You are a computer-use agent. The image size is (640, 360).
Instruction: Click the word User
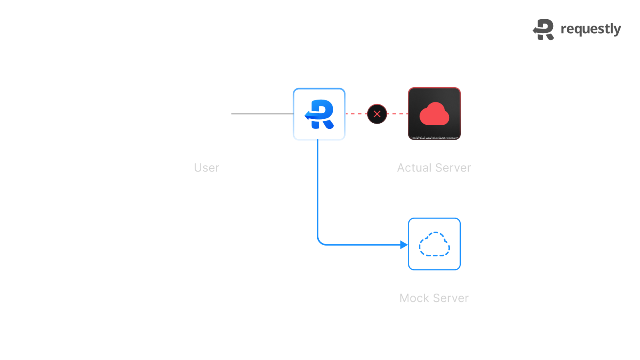(x=206, y=168)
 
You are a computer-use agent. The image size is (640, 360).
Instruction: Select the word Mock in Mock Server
(x=414, y=298)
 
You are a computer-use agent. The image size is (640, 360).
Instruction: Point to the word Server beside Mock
(x=451, y=298)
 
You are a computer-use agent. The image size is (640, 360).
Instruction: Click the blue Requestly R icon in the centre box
(x=319, y=114)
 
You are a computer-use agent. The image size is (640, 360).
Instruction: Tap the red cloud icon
(x=434, y=114)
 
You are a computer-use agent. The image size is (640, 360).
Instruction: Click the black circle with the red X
(x=377, y=114)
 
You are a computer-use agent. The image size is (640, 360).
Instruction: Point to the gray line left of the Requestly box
(x=262, y=114)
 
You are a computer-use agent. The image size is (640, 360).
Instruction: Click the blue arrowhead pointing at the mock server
(x=404, y=245)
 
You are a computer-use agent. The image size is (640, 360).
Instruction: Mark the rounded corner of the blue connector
(x=320, y=242)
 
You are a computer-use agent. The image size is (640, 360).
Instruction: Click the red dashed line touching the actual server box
(x=398, y=114)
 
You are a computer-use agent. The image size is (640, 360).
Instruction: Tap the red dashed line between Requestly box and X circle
(x=356, y=114)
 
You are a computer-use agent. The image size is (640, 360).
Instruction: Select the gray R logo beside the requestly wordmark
(x=544, y=30)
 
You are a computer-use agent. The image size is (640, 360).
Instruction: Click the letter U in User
(x=198, y=168)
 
